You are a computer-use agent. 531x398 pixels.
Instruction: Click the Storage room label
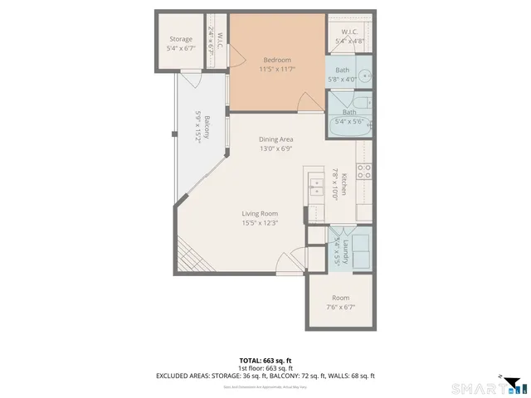[181, 39]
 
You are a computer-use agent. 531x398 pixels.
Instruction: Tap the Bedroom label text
[277, 60]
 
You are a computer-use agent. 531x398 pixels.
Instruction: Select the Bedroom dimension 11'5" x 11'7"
[277, 70]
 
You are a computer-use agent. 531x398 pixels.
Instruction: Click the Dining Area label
[276, 139]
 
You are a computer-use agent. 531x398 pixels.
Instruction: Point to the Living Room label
[259, 213]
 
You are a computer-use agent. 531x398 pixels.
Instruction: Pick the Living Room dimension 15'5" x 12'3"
[259, 222]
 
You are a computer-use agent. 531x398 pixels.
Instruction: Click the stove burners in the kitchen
[363, 172]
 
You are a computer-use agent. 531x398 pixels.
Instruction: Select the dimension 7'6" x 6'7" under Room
[340, 308]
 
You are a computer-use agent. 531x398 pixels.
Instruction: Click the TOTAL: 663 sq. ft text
[265, 360]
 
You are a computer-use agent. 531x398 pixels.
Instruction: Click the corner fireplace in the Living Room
[188, 262]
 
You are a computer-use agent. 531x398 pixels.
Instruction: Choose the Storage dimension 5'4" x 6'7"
[181, 49]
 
